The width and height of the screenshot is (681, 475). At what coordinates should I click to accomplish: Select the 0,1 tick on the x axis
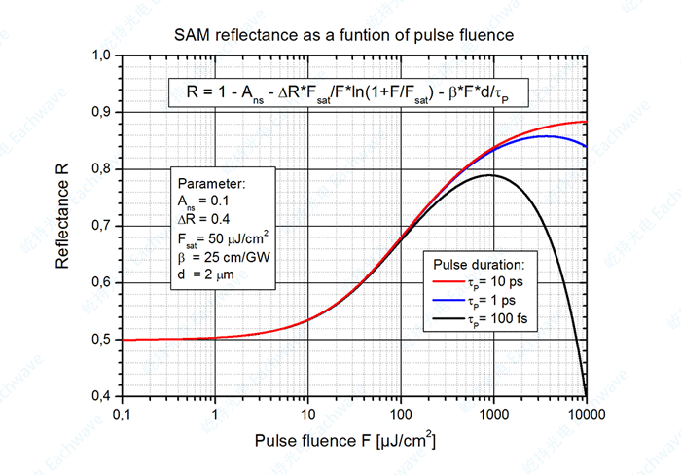121,414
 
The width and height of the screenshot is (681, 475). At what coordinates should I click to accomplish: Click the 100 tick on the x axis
400,414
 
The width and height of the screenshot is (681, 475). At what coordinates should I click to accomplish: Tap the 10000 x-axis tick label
586,414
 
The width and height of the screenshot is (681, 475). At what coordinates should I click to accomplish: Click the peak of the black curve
490,175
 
